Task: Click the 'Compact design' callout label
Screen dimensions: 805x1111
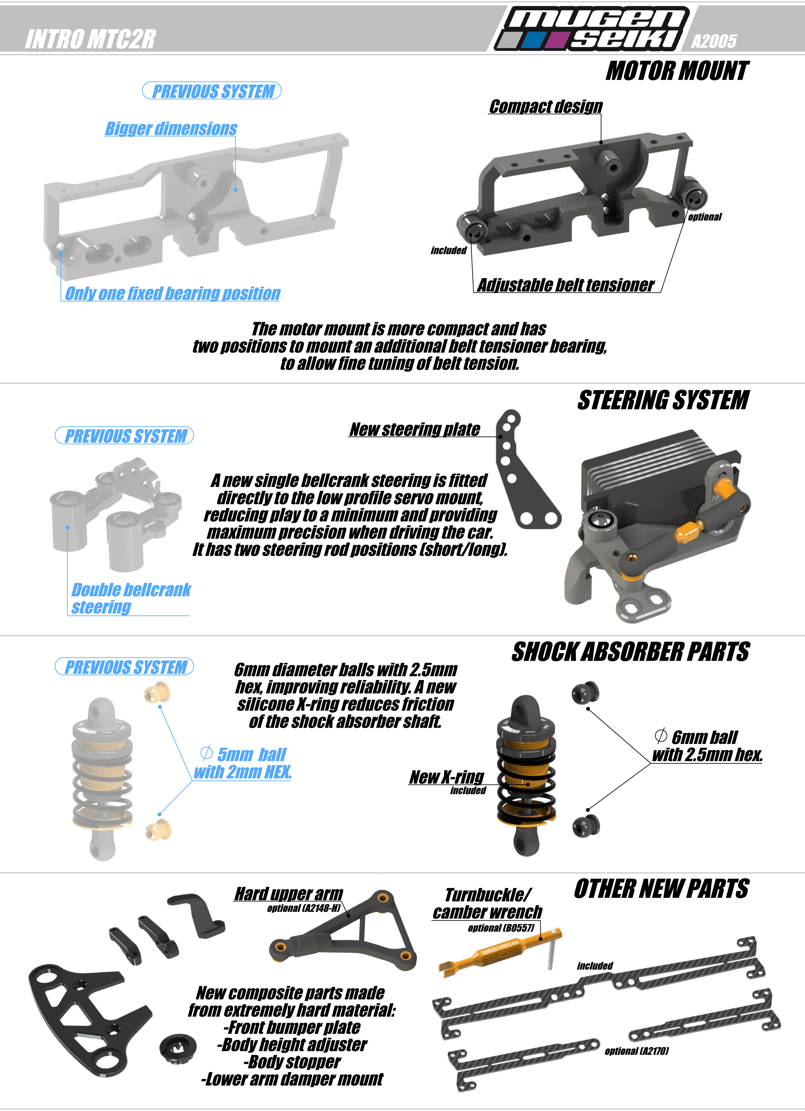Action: pyautogui.click(x=546, y=106)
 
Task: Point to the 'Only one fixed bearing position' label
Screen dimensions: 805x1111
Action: pyautogui.click(x=172, y=293)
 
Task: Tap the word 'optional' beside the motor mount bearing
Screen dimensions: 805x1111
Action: pyautogui.click(x=705, y=217)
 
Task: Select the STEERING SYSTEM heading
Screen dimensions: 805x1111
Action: pyautogui.click(x=663, y=400)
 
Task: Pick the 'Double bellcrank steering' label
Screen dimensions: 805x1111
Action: pyautogui.click(x=131, y=598)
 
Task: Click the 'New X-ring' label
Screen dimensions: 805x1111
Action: pyautogui.click(x=447, y=777)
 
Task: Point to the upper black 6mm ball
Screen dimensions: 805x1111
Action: pyautogui.click(x=586, y=693)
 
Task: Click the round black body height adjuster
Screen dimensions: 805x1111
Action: pyautogui.click(x=178, y=1049)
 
